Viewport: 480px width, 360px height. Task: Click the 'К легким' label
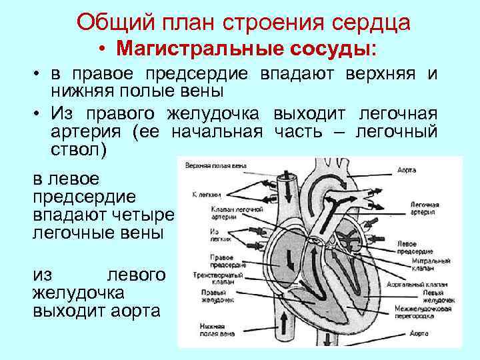point(203,196)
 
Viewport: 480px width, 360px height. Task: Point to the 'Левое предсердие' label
point(424,247)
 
